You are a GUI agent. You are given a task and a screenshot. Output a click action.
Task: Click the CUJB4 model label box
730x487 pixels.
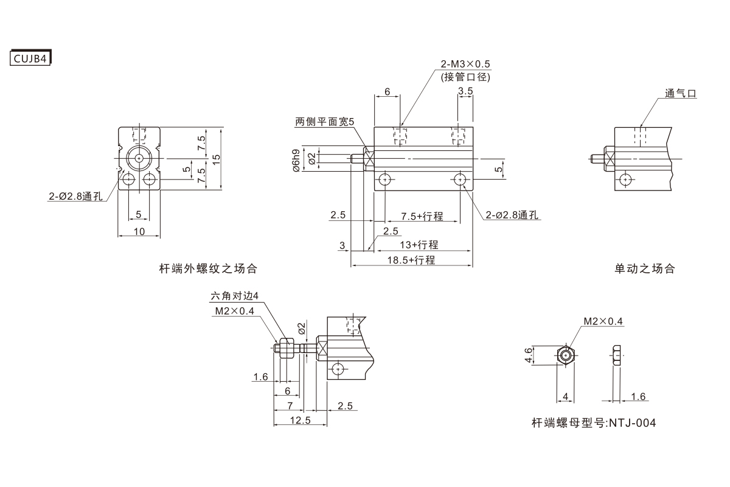click(x=30, y=58)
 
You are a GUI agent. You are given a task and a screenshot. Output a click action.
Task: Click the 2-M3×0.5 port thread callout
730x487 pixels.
click(x=465, y=64)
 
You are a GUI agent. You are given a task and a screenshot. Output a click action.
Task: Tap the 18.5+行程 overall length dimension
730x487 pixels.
click(x=412, y=260)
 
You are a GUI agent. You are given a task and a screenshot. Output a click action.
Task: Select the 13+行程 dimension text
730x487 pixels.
click(x=419, y=245)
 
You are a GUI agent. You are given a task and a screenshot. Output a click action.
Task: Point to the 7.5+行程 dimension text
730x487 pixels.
click(x=422, y=217)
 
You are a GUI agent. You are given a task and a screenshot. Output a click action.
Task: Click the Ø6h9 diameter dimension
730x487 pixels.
click(x=296, y=160)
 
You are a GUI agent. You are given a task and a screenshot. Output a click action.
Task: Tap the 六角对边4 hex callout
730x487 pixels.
click(x=234, y=296)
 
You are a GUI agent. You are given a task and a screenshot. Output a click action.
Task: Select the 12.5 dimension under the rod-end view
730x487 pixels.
click(x=300, y=421)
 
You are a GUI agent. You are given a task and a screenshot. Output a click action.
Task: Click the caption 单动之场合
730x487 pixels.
click(x=645, y=268)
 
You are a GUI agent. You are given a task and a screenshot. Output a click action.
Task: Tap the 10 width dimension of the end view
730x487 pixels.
click(x=139, y=231)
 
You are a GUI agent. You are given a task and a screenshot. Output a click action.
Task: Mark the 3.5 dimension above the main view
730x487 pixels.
click(x=465, y=91)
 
